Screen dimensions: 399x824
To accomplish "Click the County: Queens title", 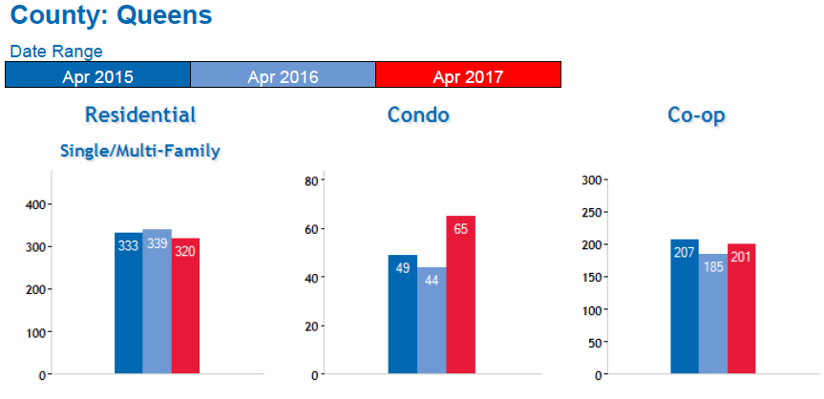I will pos(111,16).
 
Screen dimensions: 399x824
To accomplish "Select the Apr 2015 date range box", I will pos(97,75).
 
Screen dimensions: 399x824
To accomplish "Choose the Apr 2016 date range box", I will pos(283,75).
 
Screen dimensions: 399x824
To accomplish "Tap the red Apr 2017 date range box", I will pos(468,75).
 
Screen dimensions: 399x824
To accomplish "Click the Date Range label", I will pos(56,52).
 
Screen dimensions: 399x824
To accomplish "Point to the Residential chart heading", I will pos(140,115).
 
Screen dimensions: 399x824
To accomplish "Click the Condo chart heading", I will pos(418,115).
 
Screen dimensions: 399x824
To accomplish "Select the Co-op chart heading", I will pos(696,115).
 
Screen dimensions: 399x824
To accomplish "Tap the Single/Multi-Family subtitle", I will pos(140,151).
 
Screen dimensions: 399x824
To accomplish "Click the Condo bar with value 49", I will pos(403,314).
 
